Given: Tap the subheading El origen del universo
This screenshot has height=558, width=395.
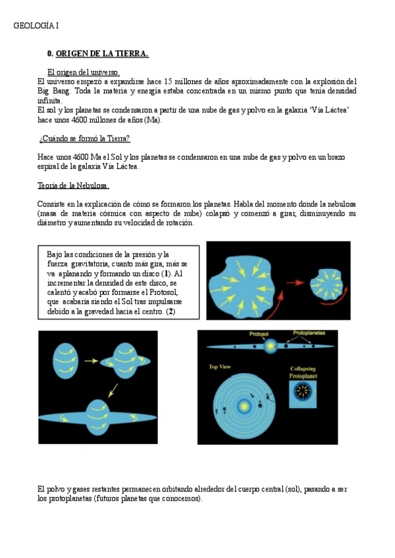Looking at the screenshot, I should [x=83, y=72].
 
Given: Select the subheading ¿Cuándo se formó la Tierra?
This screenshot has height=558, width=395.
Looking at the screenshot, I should [x=84, y=139].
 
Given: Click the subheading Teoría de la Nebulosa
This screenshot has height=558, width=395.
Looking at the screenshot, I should [x=74, y=186].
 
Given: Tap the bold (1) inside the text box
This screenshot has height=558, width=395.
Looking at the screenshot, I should [x=167, y=273].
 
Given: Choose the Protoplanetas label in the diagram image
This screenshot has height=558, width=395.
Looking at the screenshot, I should [x=313, y=334].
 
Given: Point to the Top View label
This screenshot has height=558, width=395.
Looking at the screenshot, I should [x=220, y=367].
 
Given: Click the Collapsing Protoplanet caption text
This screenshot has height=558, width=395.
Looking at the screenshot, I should [x=303, y=372].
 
